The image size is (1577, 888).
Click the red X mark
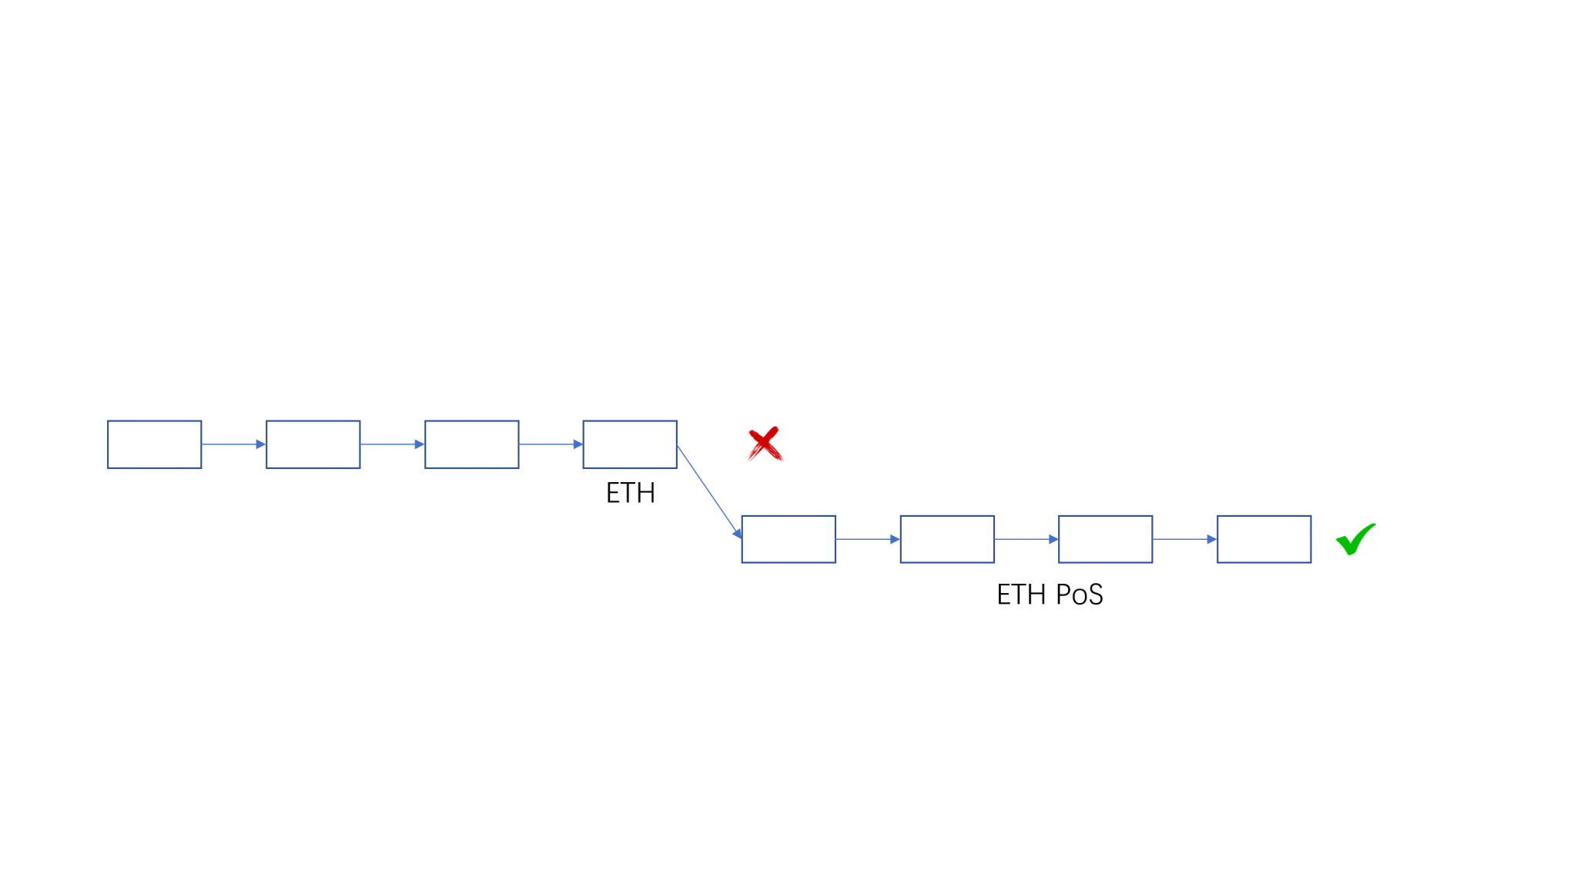765,444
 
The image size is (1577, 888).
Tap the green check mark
1354,539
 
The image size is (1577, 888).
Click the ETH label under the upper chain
631,493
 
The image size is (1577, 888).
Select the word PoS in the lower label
1079,595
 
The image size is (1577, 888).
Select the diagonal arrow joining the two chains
709,491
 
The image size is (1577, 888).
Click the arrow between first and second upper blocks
234,444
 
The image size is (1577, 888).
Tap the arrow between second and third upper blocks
393,444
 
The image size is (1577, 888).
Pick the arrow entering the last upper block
551,444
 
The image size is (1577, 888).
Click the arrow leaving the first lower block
868,539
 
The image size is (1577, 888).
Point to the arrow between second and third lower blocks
1026,539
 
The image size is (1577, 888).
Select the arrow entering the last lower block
1185,539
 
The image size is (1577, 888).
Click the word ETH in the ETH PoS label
1022,595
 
